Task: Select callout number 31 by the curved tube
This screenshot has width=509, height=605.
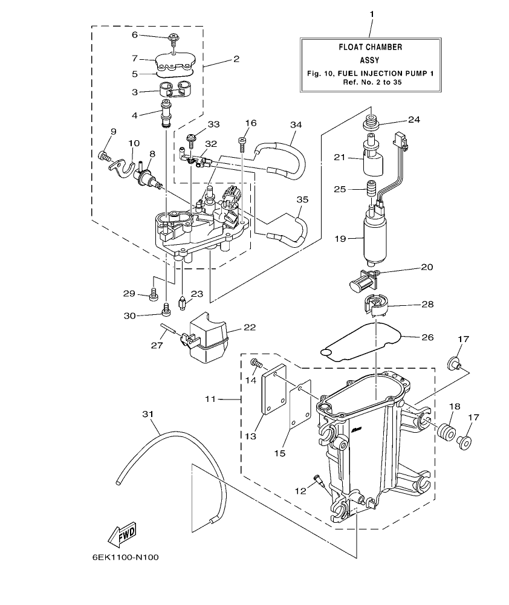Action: (149, 413)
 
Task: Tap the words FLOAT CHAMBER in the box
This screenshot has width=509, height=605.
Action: (370, 47)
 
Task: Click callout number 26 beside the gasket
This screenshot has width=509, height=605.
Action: (427, 337)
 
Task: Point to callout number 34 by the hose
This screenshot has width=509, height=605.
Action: (295, 124)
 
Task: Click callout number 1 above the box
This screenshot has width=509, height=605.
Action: (371, 13)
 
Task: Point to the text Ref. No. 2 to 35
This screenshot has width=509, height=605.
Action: (370, 82)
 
